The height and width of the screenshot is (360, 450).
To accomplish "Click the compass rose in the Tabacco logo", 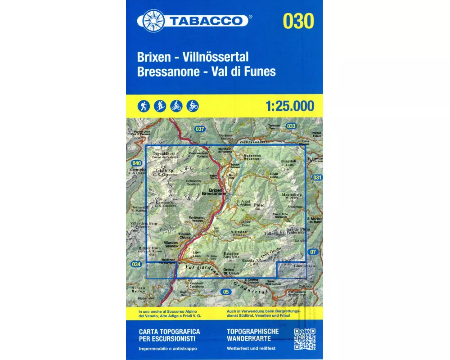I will pos(154,21).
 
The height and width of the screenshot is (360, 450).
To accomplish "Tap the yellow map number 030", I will pos(298,21).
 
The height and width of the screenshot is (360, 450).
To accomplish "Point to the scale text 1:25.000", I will pos(290,106).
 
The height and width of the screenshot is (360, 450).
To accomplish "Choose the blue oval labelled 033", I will pos(291,126).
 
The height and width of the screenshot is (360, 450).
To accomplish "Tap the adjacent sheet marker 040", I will pos(136,163).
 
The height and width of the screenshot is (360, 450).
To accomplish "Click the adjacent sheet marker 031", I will pos(317,178).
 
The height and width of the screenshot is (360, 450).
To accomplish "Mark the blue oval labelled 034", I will pos(136,264).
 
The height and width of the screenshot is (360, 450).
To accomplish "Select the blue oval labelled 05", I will pos(226,292).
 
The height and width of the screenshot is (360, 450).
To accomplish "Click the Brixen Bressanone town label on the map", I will pos(214,192).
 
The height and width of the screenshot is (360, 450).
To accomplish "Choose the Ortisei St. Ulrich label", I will pos(230,271).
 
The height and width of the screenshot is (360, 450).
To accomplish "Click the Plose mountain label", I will pos(258,205).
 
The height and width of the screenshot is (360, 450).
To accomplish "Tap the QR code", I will pos(304,339).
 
